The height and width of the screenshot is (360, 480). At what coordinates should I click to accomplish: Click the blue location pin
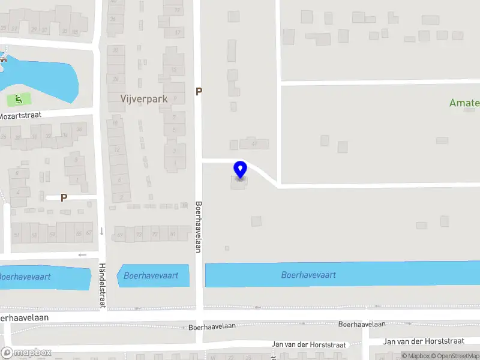[x=240, y=169]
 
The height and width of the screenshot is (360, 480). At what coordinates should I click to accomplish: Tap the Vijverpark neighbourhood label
[x=143, y=99]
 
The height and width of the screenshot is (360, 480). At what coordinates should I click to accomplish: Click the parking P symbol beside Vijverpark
[x=199, y=92]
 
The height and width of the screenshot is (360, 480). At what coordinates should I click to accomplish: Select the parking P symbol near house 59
[x=64, y=197]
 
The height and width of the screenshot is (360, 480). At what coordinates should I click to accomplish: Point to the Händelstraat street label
[x=102, y=285]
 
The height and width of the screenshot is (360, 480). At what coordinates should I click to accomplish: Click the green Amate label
[x=465, y=103]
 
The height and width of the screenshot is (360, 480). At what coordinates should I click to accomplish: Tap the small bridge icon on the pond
[x=4, y=59]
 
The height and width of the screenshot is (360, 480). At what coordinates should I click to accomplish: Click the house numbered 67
[x=89, y=233]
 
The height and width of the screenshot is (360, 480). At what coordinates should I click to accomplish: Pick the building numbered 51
[x=17, y=233]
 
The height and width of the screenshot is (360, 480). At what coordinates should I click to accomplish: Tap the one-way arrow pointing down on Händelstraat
[x=101, y=231]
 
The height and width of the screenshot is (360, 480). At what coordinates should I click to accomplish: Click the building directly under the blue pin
[x=238, y=182]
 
